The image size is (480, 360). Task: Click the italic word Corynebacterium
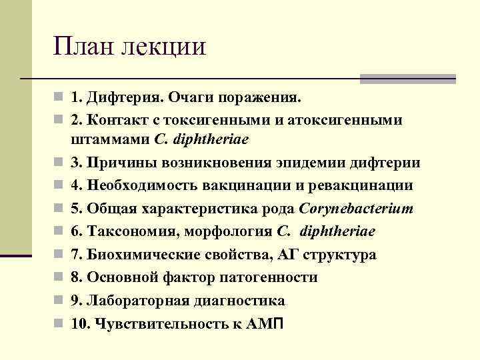pos(357,209)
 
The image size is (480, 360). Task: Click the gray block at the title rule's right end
pos(407,79)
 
